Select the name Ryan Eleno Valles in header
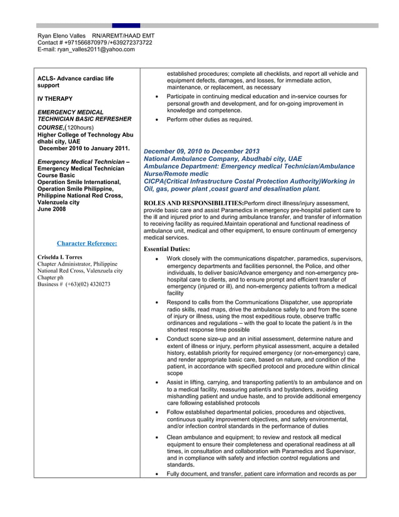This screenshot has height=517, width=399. pyautogui.click(x=61, y=36)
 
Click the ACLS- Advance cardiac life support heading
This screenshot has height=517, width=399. pyautogui.click(x=76, y=82)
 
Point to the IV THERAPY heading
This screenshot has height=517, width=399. pyautogui.click(x=55, y=99)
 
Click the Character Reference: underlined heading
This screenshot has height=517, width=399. pyautogui.click(x=87, y=243)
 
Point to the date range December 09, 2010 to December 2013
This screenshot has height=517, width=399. pyautogui.click(x=201, y=151)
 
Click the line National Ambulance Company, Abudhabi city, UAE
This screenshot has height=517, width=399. pyautogui.click(x=223, y=159)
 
